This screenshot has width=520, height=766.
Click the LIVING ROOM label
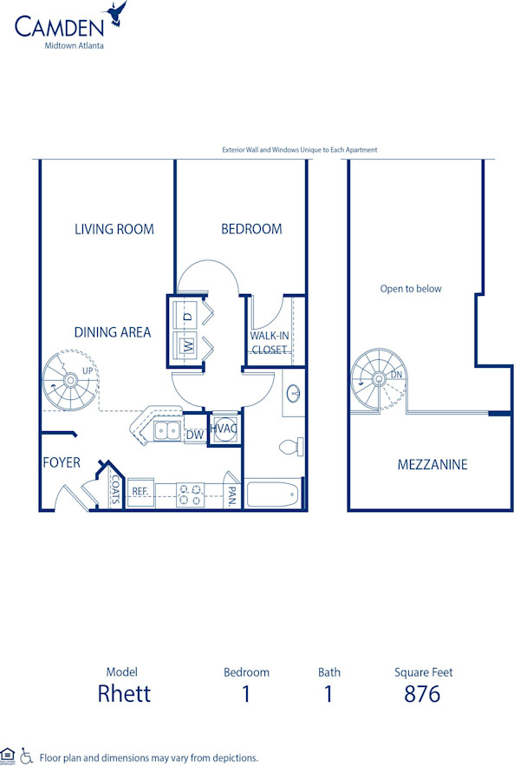[x=114, y=229]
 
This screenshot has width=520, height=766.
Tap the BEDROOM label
[x=251, y=229]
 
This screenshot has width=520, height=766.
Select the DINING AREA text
[x=112, y=332]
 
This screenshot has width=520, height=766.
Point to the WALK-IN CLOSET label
[x=269, y=343]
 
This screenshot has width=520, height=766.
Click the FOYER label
[x=62, y=462]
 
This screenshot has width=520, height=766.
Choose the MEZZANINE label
[x=432, y=465]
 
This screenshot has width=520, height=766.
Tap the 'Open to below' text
[x=411, y=289]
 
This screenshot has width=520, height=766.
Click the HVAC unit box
[x=224, y=429]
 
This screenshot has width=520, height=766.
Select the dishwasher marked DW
[x=194, y=434]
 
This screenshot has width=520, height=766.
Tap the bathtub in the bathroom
[x=273, y=494]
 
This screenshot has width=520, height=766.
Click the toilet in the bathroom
[x=290, y=447]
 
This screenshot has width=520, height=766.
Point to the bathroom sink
[x=294, y=395]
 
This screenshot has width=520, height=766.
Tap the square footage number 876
[x=422, y=694]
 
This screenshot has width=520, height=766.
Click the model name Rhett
[x=124, y=694]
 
